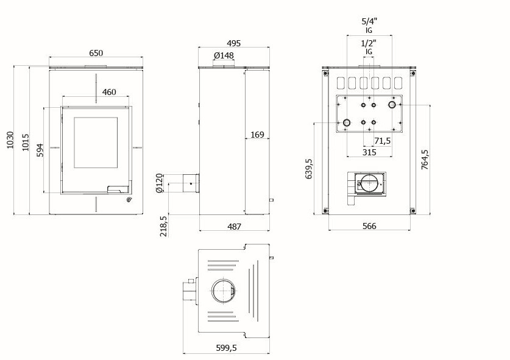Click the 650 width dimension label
click(96, 52)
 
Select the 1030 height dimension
click(10, 140)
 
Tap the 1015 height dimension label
click(26, 142)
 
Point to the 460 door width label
click(109, 92)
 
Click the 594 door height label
click(40, 150)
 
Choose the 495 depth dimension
click(233, 43)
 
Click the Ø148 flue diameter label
click(224, 55)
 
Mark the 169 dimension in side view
click(257, 134)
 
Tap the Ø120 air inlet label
click(159, 183)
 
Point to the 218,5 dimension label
click(164, 227)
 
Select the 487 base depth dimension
click(234, 227)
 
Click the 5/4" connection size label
click(369, 21)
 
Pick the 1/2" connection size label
click(369, 43)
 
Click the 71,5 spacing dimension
click(382, 141)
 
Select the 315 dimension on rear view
click(369, 152)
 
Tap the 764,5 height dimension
click(425, 160)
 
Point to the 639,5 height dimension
click(309, 169)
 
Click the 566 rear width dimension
click(369, 226)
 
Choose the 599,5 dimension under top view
click(227, 348)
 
